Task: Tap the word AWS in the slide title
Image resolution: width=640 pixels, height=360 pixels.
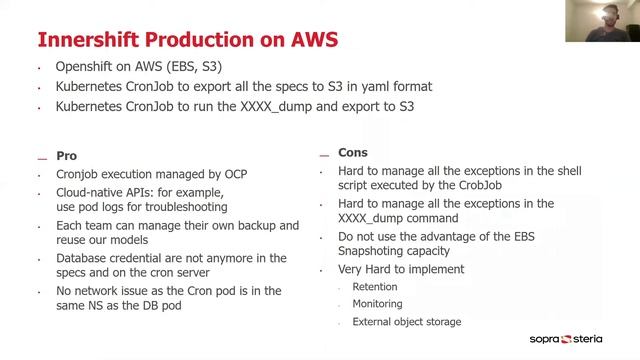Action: pos(312,39)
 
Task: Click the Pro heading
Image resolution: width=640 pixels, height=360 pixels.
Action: pos(66,156)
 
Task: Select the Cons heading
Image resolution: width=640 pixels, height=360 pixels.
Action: pos(354,153)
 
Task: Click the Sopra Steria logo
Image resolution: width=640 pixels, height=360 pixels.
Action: pos(579,339)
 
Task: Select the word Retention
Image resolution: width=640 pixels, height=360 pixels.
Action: pos(375,286)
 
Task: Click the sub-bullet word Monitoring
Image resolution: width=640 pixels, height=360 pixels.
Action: pos(378,304)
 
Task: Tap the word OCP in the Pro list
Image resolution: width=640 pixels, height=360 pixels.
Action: pos(231,174)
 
